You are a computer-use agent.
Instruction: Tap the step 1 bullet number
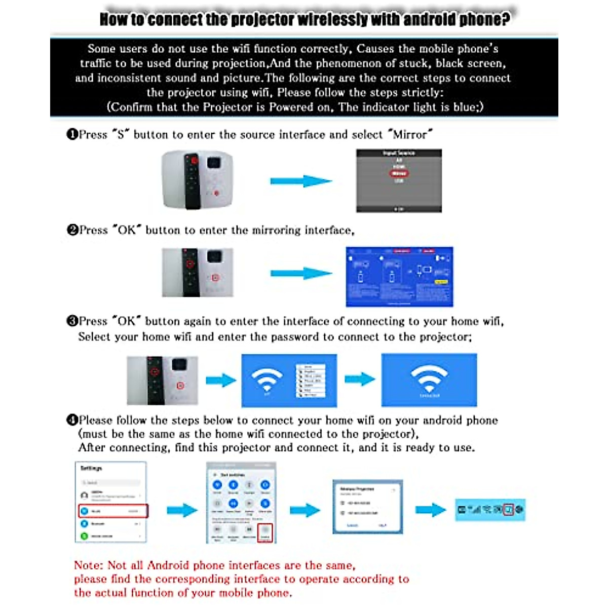pyautogui.click(x=72, y=134)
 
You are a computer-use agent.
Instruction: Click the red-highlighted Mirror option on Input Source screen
pyautogui.click(x=399, y=173)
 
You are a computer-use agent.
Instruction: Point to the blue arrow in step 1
pyautogui.click(x=301, y=181)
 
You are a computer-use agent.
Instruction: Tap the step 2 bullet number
pyautogui.click(x=72, y=230)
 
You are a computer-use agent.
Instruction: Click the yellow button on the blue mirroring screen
pyautogui.click(x=441, y=282)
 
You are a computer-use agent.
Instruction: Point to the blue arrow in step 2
pyautogui.click(x=301, y=274)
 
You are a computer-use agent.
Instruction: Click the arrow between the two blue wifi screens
pyautogui.click(x=359, y=379)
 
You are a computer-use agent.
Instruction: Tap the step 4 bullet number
pyautogui.click(x=72, y=420)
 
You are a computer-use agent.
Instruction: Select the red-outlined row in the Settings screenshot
pyautogui.click(x=113, y=511)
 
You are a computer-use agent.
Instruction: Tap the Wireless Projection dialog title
pyautogui.click(x=357, y=489)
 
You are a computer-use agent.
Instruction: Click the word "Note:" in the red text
pyautogui.click(x=89, y=565)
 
